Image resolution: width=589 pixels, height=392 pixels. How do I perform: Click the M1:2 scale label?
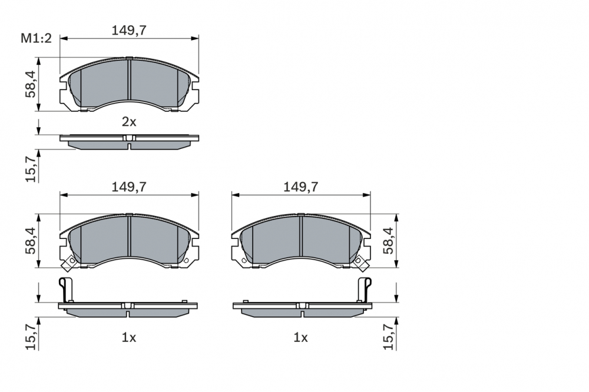tap(37, 39)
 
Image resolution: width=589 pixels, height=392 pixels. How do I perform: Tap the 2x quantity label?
tap(129, 122)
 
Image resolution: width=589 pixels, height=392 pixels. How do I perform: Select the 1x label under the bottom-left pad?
tap(129, 338)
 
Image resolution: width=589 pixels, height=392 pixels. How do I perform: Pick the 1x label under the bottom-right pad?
tap(301, 338)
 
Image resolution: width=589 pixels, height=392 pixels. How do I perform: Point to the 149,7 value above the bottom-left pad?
tap(129, 187)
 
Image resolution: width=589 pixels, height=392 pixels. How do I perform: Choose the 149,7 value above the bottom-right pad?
tap(301, 187)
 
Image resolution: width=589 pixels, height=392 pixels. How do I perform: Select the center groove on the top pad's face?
tap(129, 79)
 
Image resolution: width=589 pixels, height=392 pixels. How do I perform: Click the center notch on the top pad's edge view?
tap(129, 138)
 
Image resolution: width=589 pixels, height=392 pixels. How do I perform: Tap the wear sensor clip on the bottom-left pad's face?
tap(69, 262)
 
